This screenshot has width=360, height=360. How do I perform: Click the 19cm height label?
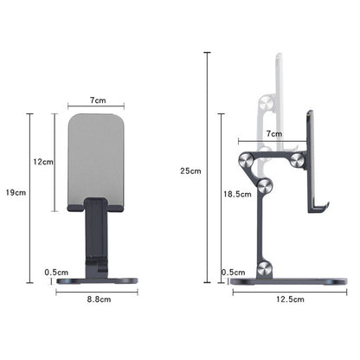tap(16, 192)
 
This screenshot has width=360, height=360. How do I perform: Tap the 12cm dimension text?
tap(43, 162)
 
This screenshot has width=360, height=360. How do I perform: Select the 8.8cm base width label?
tap(99, 299)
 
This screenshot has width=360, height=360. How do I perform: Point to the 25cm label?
tap(190, 170)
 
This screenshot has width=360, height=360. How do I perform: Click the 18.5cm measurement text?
tap(237, 194)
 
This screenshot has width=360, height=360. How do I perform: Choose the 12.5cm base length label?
tap(290, 299)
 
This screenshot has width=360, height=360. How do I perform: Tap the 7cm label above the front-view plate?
tap(98, 100)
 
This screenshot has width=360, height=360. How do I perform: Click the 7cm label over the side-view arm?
tap(274, 134)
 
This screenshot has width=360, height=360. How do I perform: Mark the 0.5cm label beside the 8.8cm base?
tap(56, 273)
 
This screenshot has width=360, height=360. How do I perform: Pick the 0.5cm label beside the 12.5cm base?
tap(234, 273)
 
